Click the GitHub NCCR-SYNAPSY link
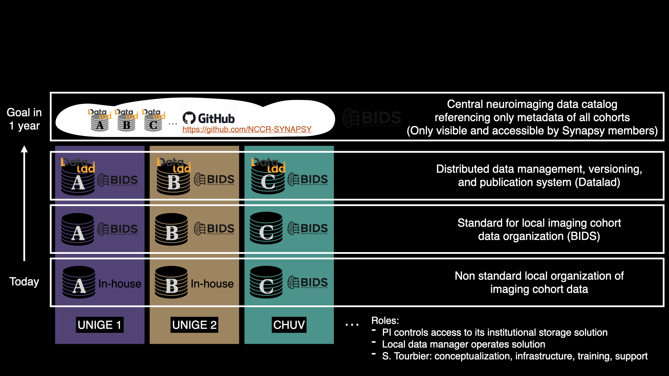[x=247, y=130]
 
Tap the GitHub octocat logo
[x=189, y=118]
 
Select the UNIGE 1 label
[x=100, y=325]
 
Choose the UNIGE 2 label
[x=194, y=325]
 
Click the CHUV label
[x=289, y=325]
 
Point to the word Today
[x=24, y=281]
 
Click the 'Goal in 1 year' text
[x=24, y=119]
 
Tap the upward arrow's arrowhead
[x=24, y=149]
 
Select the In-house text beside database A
[x=120, y=284]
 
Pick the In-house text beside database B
[x=212, y=284]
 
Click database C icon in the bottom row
[x=266, y=282]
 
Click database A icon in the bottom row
[x=79, y=282]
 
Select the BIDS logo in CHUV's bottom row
[x=308, y=282]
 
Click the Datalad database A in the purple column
[x=78, y=178]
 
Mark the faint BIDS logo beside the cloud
[x=372, y=118]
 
